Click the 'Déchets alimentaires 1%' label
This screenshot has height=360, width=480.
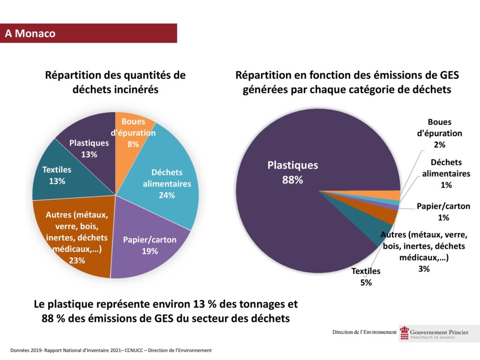[x=446, y=173]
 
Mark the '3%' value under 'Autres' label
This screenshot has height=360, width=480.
[x=424, y=269]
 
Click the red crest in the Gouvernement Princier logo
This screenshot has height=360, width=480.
[x=404, y=333]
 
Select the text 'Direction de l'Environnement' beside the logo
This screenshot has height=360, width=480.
[x=364, y=332]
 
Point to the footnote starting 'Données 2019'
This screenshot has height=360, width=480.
[x=111, y=350]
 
